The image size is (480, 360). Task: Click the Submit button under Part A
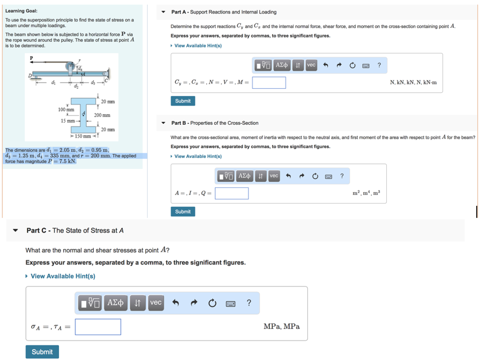183,101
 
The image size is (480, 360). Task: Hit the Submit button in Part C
42,352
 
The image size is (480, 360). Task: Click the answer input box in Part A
269,82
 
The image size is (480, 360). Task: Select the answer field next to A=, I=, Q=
232,193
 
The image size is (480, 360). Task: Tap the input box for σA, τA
98,327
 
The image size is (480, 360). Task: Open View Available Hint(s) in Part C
63,276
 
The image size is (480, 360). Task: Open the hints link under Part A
198,45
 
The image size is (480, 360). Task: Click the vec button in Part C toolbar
156,303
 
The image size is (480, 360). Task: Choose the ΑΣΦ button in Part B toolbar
244,176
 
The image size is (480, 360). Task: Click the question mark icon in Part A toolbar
379,65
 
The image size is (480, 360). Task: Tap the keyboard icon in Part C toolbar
230,303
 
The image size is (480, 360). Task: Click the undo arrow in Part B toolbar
289,176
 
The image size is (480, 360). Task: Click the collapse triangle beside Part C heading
15,231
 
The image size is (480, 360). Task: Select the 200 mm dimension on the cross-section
102,115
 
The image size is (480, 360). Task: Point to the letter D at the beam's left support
30,75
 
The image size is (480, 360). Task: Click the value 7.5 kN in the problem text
65,161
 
